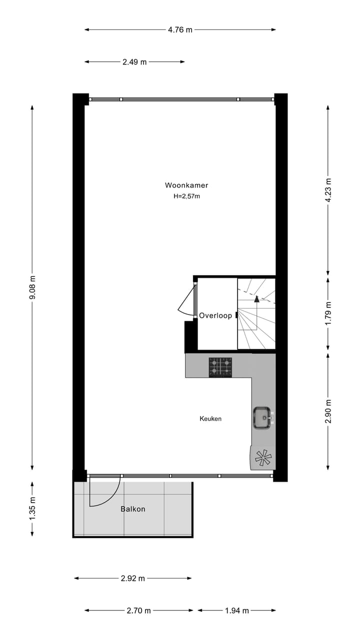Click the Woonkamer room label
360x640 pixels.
(x=186, y=185)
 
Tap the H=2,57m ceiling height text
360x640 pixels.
(x=186, y=196)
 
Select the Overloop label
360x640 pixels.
(x=215, y=315)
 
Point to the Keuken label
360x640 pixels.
(x=210, y=418)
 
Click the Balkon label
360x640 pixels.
(x=133, y=509)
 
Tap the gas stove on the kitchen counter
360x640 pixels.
(x=220, y=366)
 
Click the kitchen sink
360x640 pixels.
(x=261, y=417)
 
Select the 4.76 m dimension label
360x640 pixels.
(x=180, y=29)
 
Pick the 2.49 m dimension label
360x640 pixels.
(x=134, y=62)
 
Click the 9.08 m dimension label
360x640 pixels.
(x=32, y=288)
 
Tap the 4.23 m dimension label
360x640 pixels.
(x=328, y=190)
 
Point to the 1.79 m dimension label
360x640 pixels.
(x=328, y=313)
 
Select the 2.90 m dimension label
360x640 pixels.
(x=328, y=411)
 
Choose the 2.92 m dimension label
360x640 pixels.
(x=132, y=578)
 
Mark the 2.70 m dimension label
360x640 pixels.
(x=138, y=610)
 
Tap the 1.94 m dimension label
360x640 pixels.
(x=236, y=610)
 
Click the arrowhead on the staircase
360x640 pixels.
(x=257, y=299)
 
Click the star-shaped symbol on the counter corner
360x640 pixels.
(x=262, y=457)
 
